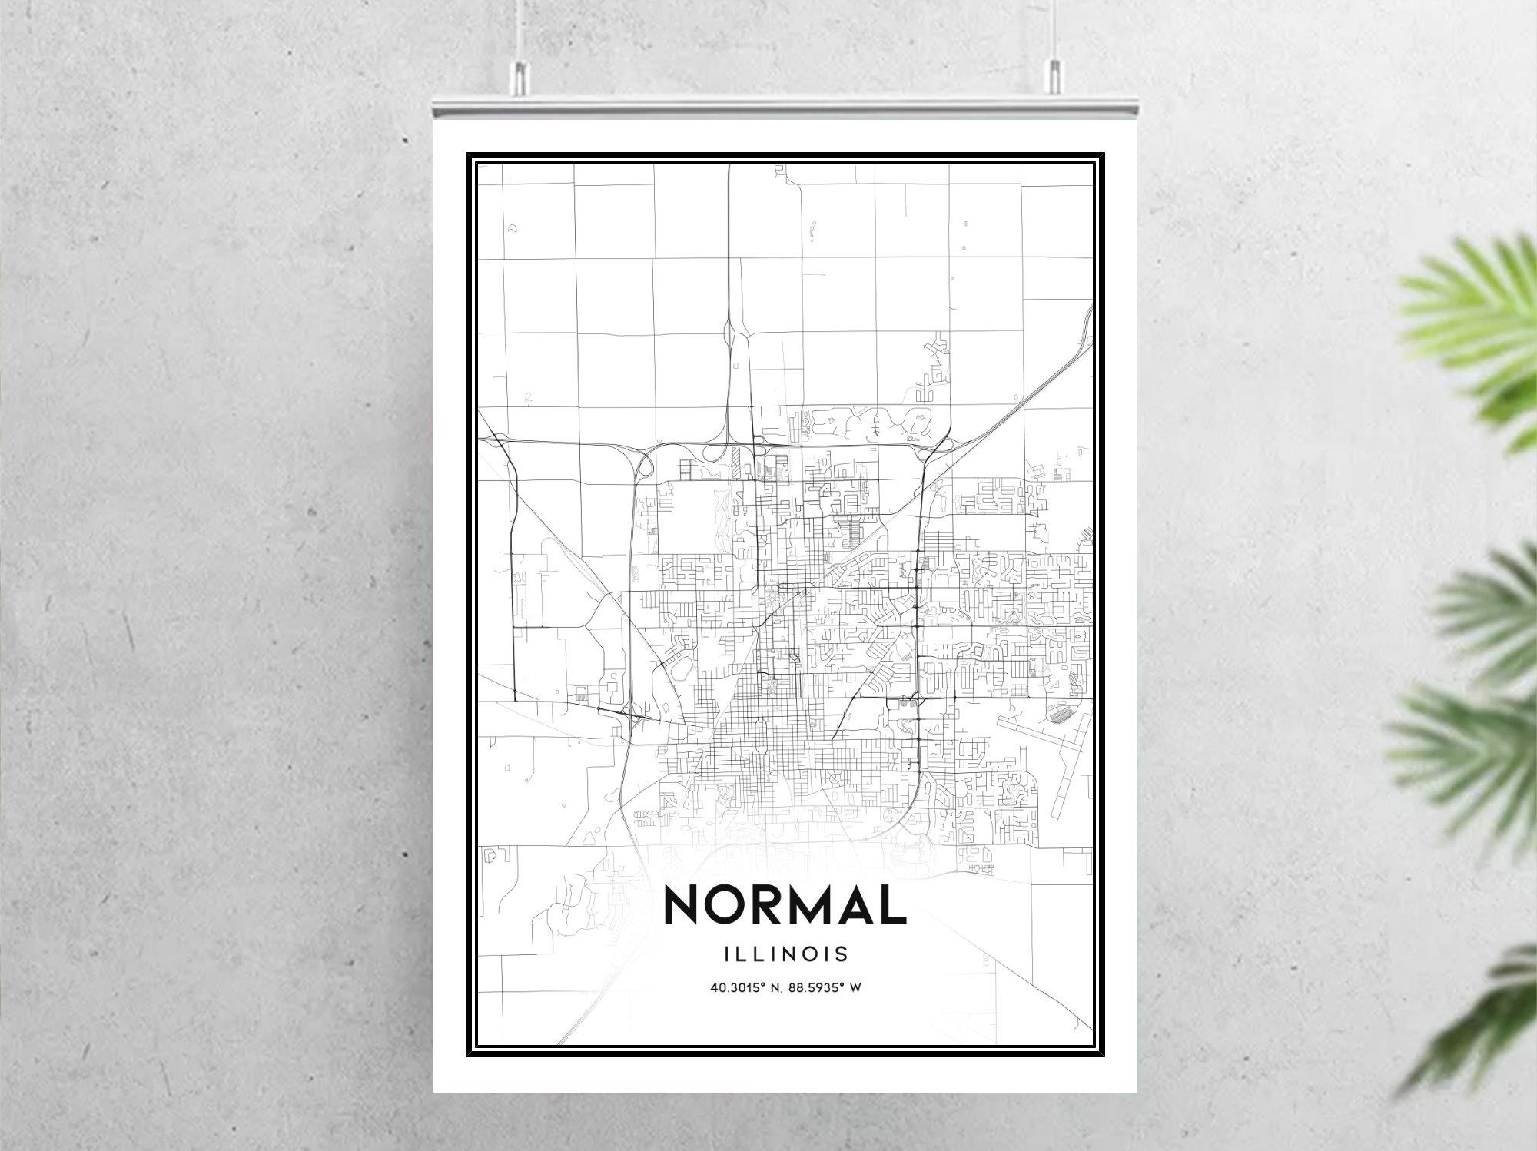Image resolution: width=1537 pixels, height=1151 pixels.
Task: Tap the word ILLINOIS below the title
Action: click(x=785, y=954)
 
